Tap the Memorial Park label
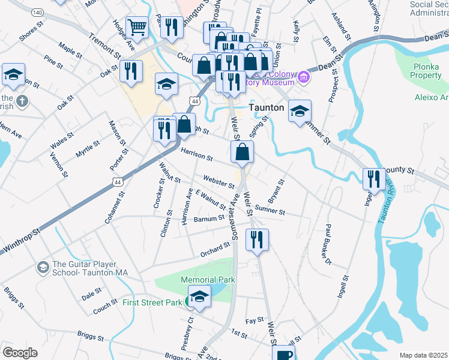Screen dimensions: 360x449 tap(208, 280)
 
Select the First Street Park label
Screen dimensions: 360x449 tap(152, 302)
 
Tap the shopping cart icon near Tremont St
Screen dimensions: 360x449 tap(137, 27)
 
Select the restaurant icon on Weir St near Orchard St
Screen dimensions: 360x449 tap(257, 239)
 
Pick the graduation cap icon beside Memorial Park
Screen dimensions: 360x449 tap(199, 296)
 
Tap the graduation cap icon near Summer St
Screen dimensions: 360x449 tap(300, 111)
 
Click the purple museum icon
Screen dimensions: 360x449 tap(304, 76)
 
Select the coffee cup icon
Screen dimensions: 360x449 tap(285, 354)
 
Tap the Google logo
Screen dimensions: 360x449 tap(20, 353)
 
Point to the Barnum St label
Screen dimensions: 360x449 tap(209, 220)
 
